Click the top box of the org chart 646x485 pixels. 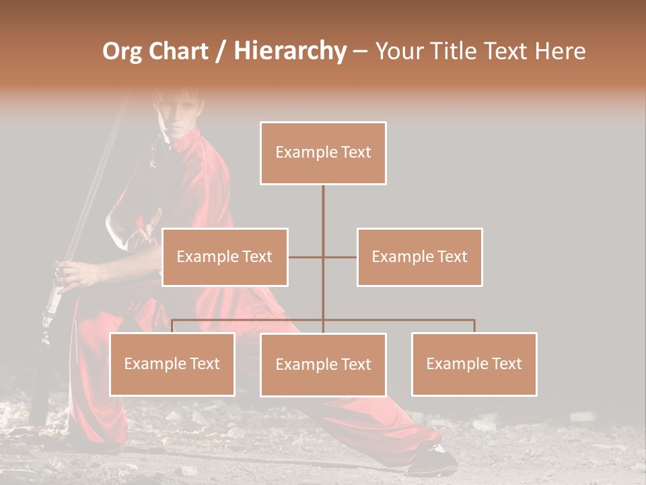[x=323, y=153]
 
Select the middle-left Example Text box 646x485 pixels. [x=225, y=257]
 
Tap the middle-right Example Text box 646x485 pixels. [x=419, y=257]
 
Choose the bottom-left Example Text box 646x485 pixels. [x=172, y=364]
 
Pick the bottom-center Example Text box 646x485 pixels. [x=323, y=364]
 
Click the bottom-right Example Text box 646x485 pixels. [x=474, y=364]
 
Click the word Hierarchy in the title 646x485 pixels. [x=290, y=51]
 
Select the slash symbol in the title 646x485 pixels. [x=221, y=52]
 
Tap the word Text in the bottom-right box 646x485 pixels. [x=507, y=364]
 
